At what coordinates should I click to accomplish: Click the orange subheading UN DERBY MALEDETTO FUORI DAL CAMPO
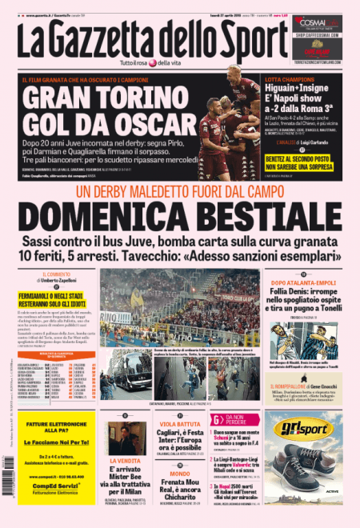tap(180, 194)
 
